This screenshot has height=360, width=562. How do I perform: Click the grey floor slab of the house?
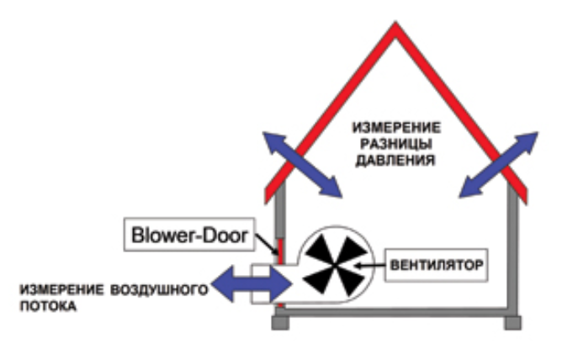coord(395,312)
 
